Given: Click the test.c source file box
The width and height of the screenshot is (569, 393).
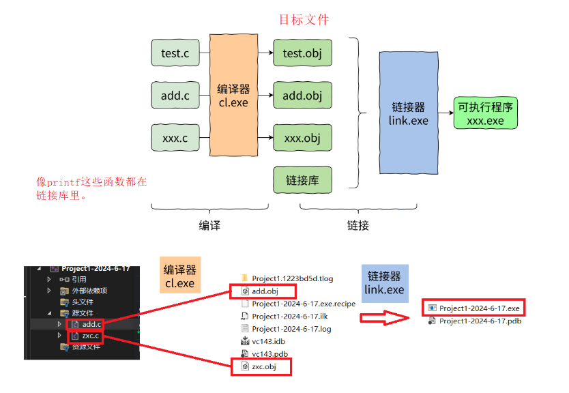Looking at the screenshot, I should pyautogui.click(x=175, y=53).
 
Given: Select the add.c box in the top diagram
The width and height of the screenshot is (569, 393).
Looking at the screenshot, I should pyautogui.click(x=175, y=96).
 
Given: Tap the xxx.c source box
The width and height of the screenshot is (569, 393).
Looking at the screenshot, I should pyautogui.click(x=175, y=139).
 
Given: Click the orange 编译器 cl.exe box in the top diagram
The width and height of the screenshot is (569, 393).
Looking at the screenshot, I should pyautogui.click(x=234, y=96).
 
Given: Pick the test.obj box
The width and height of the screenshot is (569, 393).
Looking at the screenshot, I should pyautogui.click(x=302, y=53).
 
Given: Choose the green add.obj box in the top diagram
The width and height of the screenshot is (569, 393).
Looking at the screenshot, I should pyautogui.click(x=302, y=96).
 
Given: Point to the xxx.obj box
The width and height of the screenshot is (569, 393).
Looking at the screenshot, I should pyautogui.click(x=302, y=139).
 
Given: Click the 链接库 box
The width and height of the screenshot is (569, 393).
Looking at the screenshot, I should pyautogui.click(x=302, y=181).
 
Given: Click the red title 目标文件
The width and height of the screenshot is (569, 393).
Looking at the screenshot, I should pyautogui.click(x=304, y=20).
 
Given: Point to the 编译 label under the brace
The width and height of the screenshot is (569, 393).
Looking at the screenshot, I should pyautogui.click(x=209, y=225).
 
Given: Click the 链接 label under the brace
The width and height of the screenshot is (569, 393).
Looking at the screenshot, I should pyautogui.click(x=358, y=225).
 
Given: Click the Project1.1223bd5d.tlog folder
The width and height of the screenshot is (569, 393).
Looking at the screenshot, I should pyautogui.click(x=292, y=278).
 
